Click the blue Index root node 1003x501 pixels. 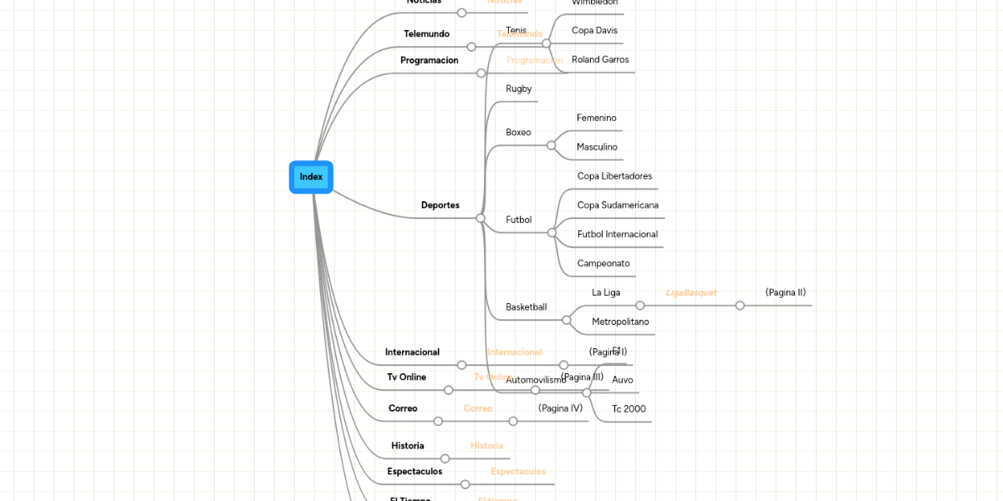pos(311,177)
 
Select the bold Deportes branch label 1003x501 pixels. pos(440,205)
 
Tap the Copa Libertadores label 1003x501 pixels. pos(614,176)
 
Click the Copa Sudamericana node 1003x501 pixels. pos(618,205)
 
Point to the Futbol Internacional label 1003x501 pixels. pos(617,235)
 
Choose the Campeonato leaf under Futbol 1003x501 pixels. pos(603,264)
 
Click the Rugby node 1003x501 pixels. pos(518,89)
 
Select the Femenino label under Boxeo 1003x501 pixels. pos(596,119)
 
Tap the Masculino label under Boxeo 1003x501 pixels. pos(597,147)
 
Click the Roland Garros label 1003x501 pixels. pos(600,60)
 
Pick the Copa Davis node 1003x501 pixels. pos(594,31)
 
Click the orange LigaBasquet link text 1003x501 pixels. pos(691,293)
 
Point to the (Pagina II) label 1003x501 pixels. pos(785,292)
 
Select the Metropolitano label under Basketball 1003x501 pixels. pos(620,321)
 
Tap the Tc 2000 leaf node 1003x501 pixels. pos(629,409)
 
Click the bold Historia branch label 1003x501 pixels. pos(407,446)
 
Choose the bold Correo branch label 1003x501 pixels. pos(403,408)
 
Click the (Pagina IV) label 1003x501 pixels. pos(560,408)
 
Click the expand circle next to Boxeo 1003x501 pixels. pos(551,145)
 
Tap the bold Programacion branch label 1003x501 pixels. pos(429,61)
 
